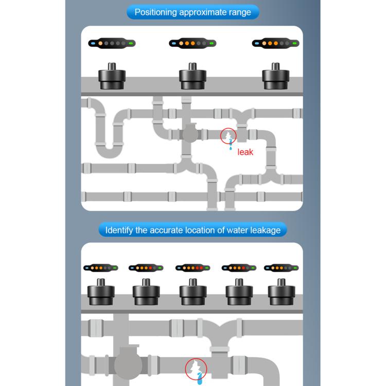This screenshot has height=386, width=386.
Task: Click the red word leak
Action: pyautogui.click(x=245, y=152)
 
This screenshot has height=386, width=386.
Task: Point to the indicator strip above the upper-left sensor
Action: pyautogui.click(x=111, y=44)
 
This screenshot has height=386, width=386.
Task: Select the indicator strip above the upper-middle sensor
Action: pyautogui.click(x=192, y=44)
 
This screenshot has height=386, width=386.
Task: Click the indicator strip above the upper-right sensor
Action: pyautogui.click(x=275, y=44)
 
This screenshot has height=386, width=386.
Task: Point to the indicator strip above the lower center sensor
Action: pyautogui.click(x=192, y=268)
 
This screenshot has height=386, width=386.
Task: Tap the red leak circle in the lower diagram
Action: pyautogui.click(x=196, y=369)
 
